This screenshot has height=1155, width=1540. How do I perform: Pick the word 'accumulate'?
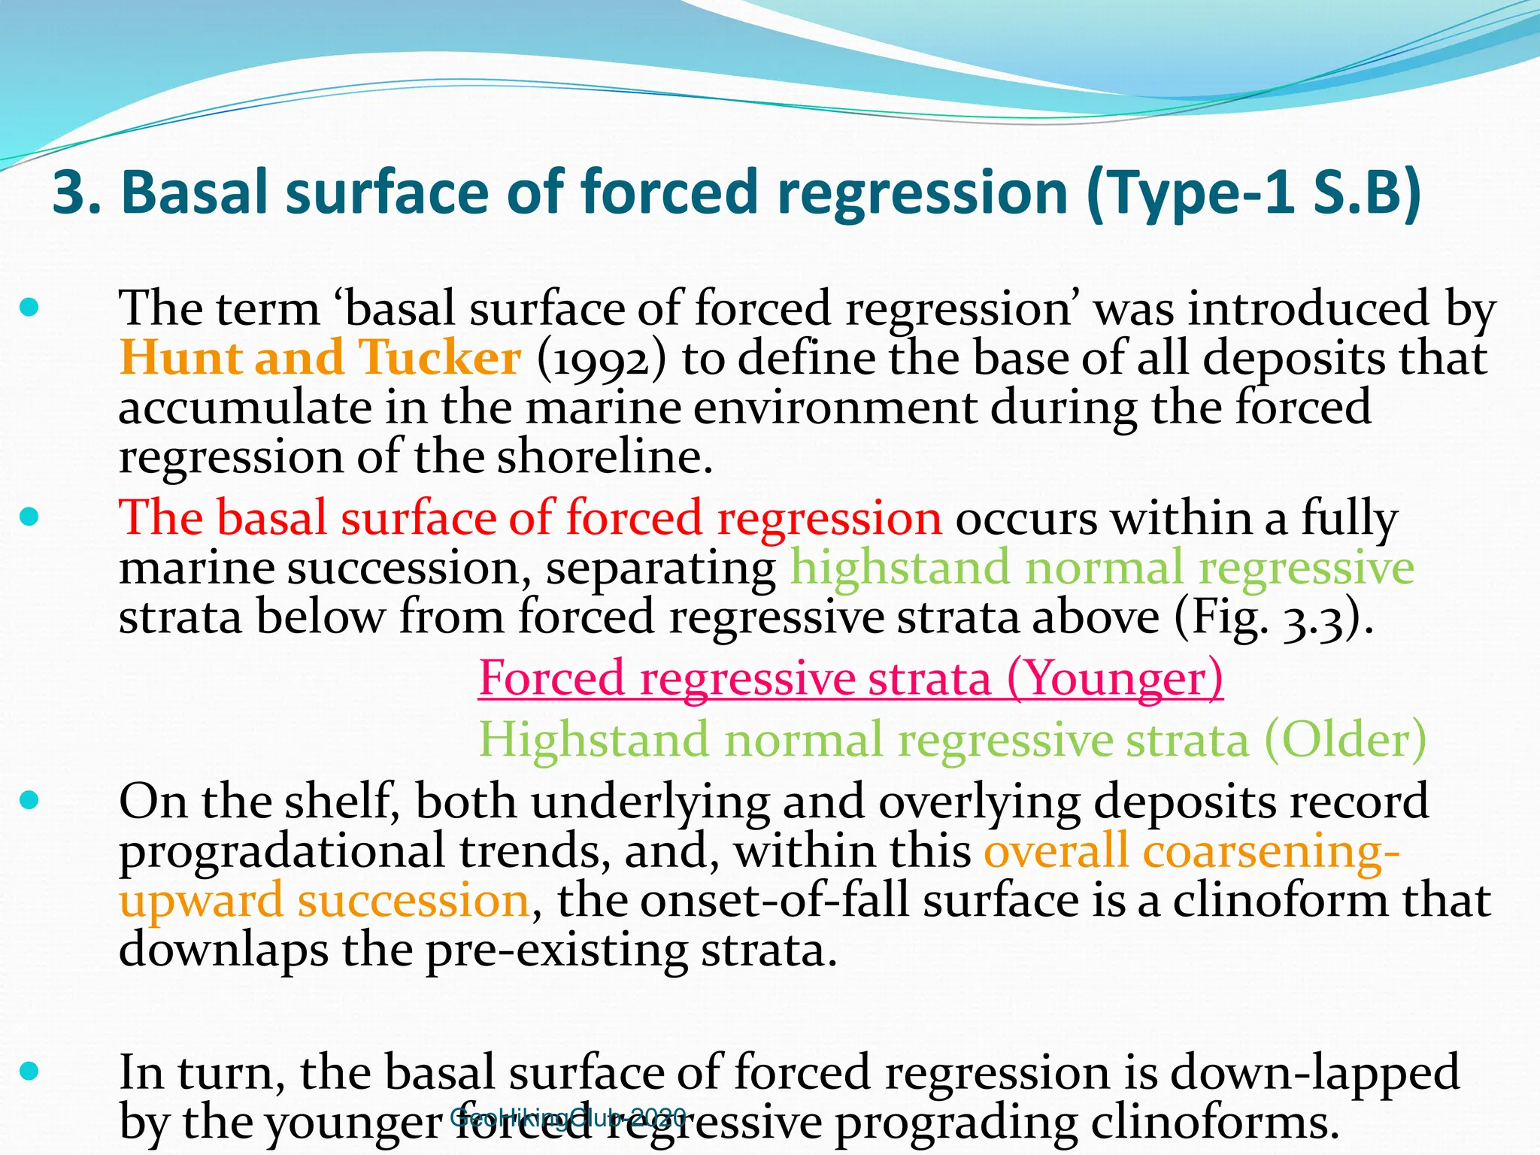pyautogui.click(x=244, y=408)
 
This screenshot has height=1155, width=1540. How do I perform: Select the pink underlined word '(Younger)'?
pyautogui.click(x=1114, y=678)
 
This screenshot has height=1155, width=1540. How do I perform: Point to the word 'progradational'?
pyautogui.click(x=282, y=852)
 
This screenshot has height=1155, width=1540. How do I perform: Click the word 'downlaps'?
pyautogui.click(x=223, y=950)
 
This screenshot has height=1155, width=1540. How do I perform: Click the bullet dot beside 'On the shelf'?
pyautogui.click(x=29, y=800)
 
